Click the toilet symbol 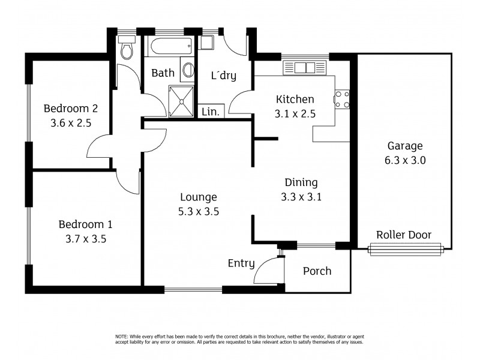127,48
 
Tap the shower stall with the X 181,100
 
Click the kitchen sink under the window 305,67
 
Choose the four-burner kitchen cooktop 343,100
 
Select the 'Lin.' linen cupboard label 210,112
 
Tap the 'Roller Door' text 403,235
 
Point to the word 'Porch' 317,271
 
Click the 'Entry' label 241,263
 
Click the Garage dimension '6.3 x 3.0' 405,160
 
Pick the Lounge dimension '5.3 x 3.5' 197,211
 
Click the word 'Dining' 301,183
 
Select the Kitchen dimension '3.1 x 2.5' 295,113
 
